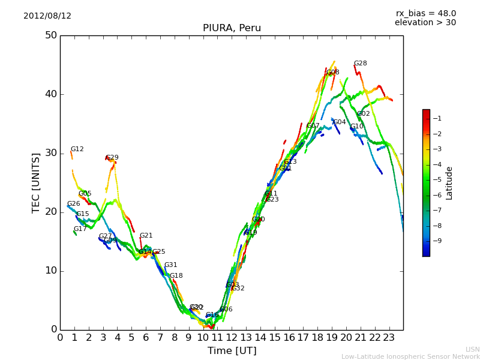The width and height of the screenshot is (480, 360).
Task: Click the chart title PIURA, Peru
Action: (232, 28)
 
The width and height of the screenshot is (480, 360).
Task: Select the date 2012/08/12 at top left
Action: (47, 16)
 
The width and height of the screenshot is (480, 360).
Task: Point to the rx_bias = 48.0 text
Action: (425, 14)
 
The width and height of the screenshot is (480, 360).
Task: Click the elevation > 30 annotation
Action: (425, 23)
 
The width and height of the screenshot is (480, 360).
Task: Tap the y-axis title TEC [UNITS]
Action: (36, 182)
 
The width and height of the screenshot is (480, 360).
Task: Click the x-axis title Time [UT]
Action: (232, 351)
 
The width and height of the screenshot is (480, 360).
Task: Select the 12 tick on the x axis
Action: (232, 338)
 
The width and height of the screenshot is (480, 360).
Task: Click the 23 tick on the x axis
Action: (389, 338)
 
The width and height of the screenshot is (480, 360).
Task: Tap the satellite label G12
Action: (77, 149)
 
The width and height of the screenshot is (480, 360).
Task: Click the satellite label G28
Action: (360, 64)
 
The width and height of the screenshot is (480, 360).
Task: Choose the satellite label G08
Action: (333, 73)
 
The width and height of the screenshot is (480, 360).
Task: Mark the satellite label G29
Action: (112, 158)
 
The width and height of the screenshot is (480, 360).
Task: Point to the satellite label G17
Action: (80, 229)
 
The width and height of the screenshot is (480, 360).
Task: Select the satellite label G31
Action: (171, 265)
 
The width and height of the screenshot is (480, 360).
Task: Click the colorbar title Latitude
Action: (449, 183)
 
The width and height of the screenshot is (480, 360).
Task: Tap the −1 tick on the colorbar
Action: (437, 118)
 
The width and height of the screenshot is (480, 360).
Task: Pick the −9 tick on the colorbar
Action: (437, 241)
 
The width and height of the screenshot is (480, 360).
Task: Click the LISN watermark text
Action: (472, 349)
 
